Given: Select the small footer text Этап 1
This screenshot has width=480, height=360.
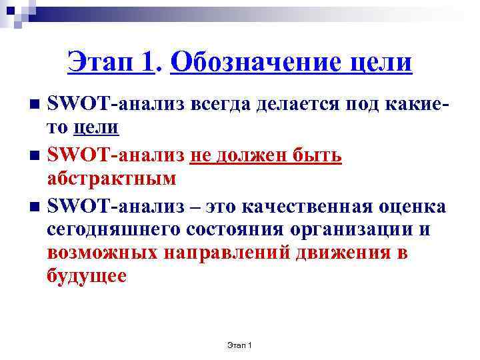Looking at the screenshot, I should (x=238, y=345).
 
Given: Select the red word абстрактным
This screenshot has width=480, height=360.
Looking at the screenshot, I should (x=112, y=179).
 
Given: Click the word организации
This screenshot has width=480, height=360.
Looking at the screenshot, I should (x=353, y=230).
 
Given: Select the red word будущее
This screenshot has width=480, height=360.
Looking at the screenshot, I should (x=87, y=276).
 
